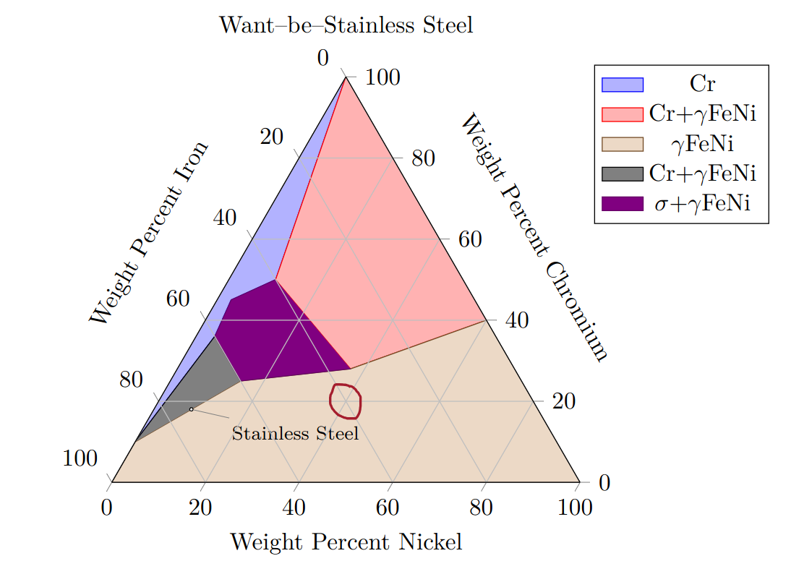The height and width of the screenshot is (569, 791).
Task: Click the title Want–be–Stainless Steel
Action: (x=346, y=25)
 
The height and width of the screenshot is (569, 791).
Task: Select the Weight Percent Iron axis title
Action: (x=150, y=233)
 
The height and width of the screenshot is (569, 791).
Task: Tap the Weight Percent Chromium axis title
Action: (x=534, y=236)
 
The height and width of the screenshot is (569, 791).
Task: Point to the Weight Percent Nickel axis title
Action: (x=346, y=542)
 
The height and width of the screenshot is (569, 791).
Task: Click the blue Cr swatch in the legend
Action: (x=622, y=85)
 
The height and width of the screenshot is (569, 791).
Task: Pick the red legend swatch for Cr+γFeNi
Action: (x=622, y=114)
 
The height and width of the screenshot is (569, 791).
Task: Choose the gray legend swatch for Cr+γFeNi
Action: (x=622, y=174)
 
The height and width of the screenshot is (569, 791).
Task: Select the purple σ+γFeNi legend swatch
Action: (x=622, y=203)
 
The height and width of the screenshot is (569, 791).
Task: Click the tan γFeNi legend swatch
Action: (x=622, y=144)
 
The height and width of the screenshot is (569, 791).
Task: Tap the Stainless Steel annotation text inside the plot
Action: (x=295, y=434)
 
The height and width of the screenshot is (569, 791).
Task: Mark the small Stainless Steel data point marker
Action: (x=192, y=409)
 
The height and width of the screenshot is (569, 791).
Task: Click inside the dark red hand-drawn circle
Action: (x=346, y=401)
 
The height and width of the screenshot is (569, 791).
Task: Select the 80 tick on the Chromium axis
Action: (x=423, y=159)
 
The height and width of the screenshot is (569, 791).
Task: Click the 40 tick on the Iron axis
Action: (x=225, y=218)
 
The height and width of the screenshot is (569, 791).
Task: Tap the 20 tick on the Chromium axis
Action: (x=563, y=401)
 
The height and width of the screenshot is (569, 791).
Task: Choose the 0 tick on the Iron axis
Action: (x=323, y=59)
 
